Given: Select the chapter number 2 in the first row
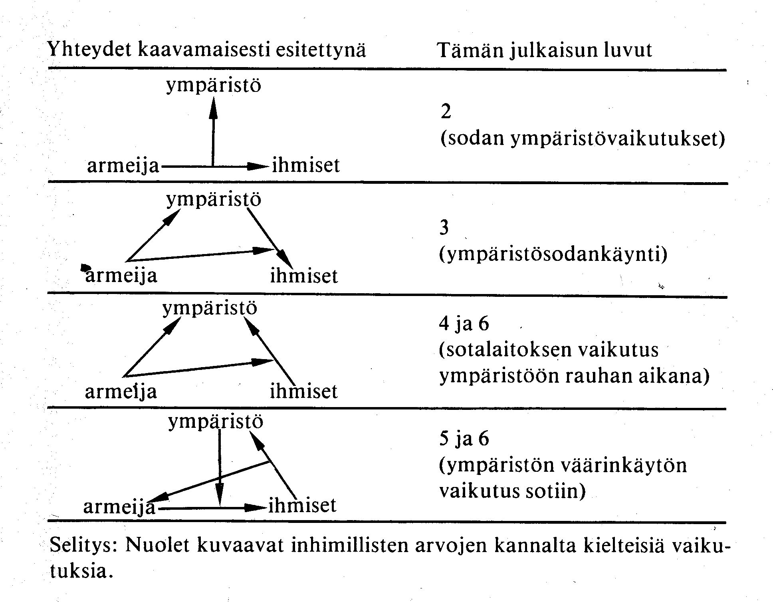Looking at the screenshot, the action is pos(446,111).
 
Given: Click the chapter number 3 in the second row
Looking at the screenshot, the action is pos(444,228).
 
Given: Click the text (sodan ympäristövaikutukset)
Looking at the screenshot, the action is pos(583,139).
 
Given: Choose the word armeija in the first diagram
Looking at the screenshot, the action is pos(123,165).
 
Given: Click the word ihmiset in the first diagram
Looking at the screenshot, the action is pos(306,165).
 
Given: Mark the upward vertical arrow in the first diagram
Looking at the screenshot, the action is pos(213,132).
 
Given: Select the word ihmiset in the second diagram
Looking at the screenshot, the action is pos(304,276).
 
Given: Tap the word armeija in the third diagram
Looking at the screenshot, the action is pos(121,391).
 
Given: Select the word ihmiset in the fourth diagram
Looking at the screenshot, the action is pos(303,505).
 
